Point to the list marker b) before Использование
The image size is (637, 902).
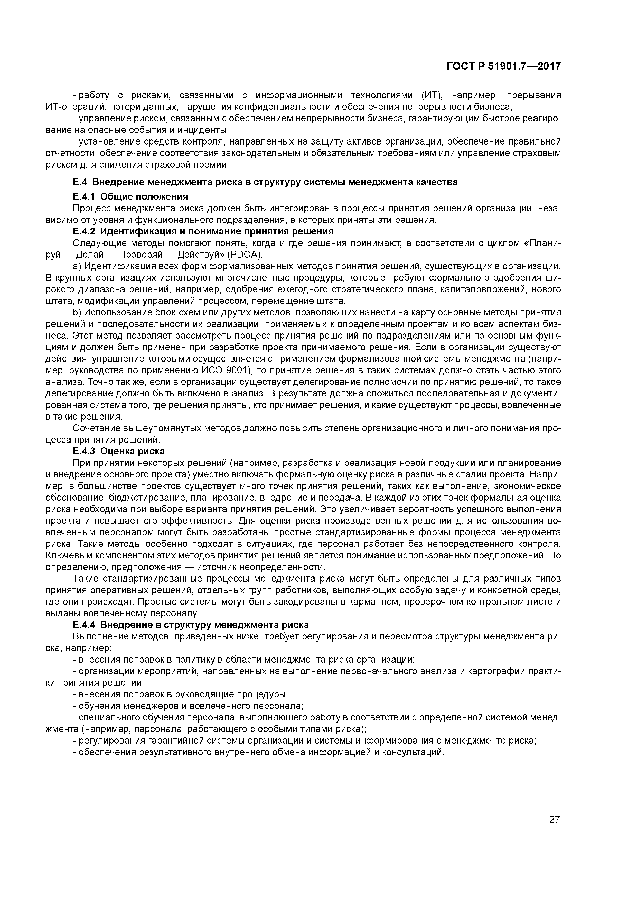click(x=77, y=312)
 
